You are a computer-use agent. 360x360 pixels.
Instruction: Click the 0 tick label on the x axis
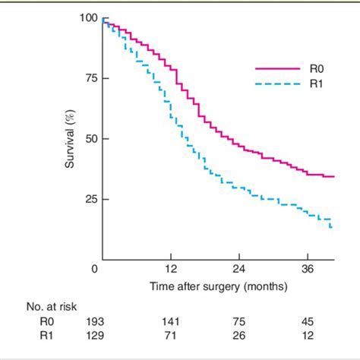pos(94,270)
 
